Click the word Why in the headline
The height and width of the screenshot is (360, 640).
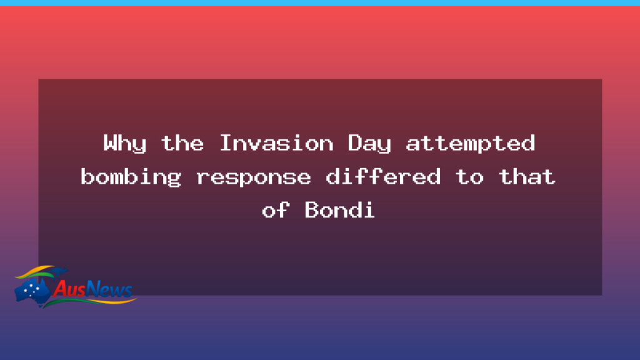click(124, 144)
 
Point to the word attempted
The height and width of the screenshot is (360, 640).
click(471, 144)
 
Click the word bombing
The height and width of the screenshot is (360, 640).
click(131, 177)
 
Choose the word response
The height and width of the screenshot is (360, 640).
click(253, 177)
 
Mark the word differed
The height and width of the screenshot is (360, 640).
click(383, 177)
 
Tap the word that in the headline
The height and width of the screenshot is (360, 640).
click(527, 177)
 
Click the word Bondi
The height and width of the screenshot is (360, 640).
click(340, 210)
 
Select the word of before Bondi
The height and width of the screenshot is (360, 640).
click(276, 210)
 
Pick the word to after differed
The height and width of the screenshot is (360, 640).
click(469, 177)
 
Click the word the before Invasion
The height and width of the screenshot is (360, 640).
click(182, 144)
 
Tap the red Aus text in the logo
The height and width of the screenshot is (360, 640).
click(69, 289)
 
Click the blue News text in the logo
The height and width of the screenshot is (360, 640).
click(109, 289)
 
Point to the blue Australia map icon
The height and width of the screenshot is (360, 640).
click(32, 291)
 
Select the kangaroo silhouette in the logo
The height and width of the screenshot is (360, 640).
click(58, 272)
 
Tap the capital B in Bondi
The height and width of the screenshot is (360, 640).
click(311, 210)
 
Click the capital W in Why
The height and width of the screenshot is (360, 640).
click(110, 144)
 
